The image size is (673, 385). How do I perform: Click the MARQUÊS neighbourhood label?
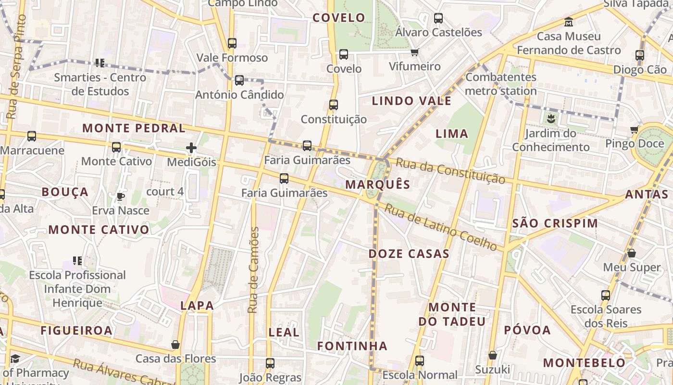378,184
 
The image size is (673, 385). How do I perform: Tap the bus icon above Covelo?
343,54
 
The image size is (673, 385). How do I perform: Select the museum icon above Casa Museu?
569,22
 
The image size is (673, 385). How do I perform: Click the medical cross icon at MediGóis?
191,148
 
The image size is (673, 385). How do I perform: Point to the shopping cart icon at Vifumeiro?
414,52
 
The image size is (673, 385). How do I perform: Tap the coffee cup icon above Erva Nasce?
120,196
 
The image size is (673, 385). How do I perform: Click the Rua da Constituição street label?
450,171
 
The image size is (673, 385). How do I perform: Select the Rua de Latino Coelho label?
441,228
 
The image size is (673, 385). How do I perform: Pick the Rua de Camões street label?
253,270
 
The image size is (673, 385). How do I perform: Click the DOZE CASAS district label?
409,254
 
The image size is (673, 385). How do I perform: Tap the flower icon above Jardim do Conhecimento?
550,118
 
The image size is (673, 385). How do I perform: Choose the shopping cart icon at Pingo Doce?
634,129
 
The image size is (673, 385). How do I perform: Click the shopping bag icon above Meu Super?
632,253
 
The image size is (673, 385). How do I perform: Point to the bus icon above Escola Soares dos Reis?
606,295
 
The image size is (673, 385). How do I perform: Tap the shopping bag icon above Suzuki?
492,356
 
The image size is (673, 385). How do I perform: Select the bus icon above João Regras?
270,363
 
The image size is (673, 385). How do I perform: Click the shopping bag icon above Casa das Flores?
175,345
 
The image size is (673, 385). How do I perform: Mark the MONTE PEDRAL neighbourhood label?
134,128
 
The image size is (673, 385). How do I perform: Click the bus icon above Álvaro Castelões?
438,18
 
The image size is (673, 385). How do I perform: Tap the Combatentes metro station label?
501,84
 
